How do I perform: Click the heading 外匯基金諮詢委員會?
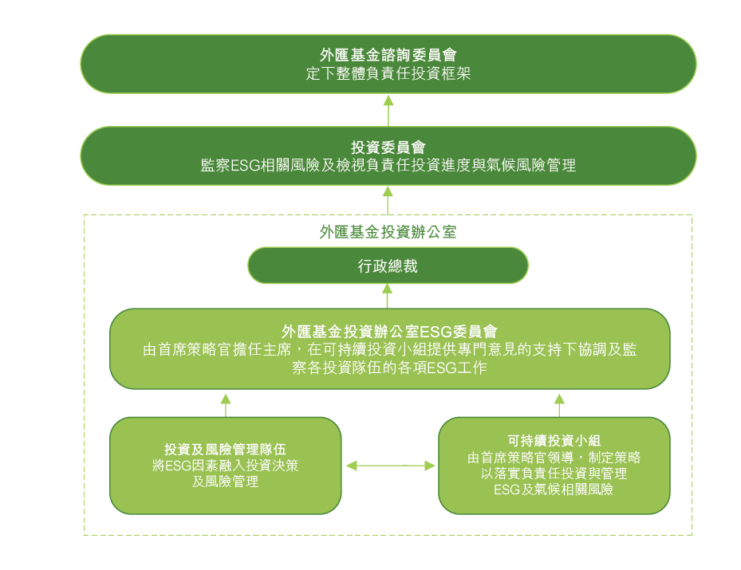[x=388, y=55]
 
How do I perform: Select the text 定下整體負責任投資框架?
[x=388, y=73]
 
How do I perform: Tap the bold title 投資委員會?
[x=388, y=147]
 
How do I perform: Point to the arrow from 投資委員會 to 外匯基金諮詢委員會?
[x=388, y=111]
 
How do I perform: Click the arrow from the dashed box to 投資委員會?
[x=388, y=200]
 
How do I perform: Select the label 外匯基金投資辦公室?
[x=388, y=232]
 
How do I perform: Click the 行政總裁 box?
[x=388, y=265]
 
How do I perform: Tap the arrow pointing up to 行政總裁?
[x=388, y=296]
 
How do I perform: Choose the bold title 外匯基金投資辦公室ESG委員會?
[x=389, y=331]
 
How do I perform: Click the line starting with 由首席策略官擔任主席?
[x=390, y=349]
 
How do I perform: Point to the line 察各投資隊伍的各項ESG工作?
[x=389, y=368]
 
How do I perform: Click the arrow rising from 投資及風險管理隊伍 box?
[x=226, y=406]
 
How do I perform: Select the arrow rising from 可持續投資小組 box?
[x=559, y=406]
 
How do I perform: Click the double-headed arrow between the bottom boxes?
[x=391, y=466]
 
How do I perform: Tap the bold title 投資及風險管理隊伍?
[x=226, y=449]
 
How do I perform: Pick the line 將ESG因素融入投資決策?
[x=226, y=466]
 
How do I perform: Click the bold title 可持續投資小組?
[x=554, y=441]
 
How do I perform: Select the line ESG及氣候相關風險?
[x=554, y=489]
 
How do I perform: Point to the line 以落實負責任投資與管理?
[x=554, y=474]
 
